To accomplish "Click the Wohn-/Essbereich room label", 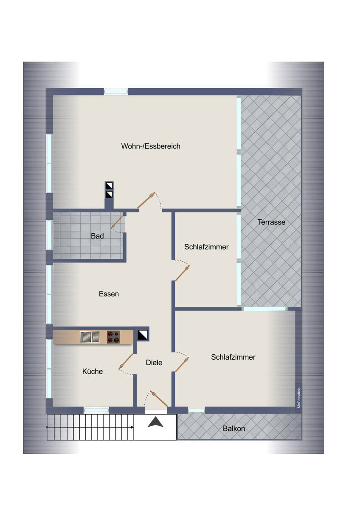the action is (151, 146).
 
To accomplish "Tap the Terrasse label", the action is (271, 222).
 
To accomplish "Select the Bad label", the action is (97, 236).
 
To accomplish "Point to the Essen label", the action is (109, 294).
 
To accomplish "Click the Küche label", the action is (92, 371).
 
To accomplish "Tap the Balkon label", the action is (234, 428).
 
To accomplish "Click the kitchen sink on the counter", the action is (90, 337).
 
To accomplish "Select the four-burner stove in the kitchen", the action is (113, 337).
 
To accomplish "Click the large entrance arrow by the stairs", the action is (155, 422).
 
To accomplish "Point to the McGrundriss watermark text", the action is (299, 398).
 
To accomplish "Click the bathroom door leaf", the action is (117, 222).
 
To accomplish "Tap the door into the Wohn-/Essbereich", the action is (146, 200).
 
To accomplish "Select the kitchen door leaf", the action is (126, 361).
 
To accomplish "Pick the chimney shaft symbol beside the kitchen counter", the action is (143, 335).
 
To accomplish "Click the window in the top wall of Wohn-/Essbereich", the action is (116, 92).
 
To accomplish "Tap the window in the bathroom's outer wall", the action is (49, 235).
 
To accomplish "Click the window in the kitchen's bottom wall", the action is (96, 411).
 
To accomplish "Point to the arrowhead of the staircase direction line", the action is (132, 427).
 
